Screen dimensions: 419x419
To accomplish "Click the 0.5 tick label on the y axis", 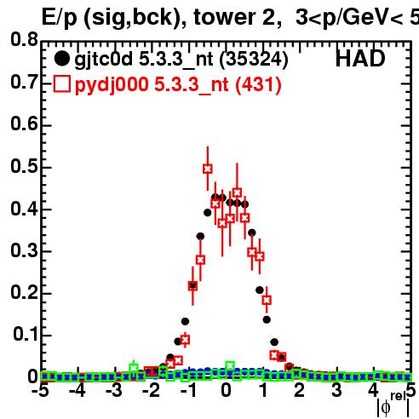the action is (x=24, y=166).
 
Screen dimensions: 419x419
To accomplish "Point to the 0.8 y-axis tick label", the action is (x=24, y=39).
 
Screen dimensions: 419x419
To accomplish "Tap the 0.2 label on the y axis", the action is (x=24, y=292).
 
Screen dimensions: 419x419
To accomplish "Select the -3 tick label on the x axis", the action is (x=114, y=391).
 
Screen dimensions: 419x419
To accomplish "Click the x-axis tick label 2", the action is (x=299, y=391).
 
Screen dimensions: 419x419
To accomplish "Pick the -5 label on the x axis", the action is (x=40, y=391).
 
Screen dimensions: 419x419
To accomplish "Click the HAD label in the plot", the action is (x=360, y=59).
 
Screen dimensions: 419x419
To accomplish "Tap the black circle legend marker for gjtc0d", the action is (x=61, y=59).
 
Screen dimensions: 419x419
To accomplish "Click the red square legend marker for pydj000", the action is (x=62, y=83).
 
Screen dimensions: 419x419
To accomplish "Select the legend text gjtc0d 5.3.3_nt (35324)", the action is (x=181, y=60).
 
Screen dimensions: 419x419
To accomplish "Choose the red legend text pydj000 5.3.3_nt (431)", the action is (x=178, y=85).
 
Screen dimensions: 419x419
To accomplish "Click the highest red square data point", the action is (x=208, y=169).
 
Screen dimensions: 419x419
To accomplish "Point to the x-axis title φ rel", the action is (x=393, y=405).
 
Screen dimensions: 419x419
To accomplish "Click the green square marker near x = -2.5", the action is (x=134, y=368).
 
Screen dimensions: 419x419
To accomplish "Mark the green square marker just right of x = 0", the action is (x=230, y=366).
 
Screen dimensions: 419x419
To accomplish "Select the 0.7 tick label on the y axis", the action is (x=24, y=83).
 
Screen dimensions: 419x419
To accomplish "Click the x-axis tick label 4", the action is (x=373, y=391).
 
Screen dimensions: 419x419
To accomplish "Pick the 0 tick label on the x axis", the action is (x=226, y=391).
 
